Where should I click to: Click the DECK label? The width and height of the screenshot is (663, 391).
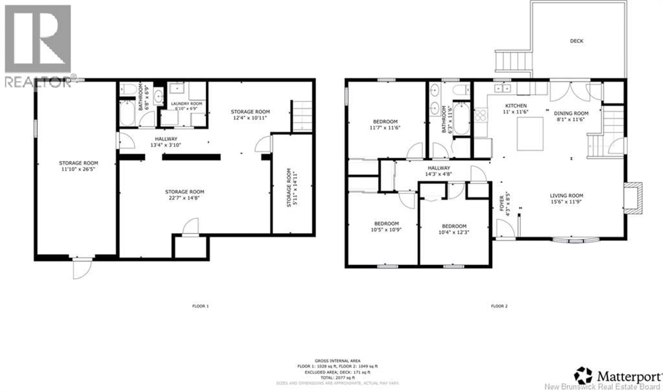(x=576, y=41)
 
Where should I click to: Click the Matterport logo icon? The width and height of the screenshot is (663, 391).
(x=583, y=376)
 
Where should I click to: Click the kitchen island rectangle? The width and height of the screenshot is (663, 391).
(x=530, y=134)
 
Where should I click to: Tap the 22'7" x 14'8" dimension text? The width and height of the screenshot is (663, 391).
(x=184, y=198)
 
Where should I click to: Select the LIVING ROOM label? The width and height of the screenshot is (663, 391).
(x=566, y=195)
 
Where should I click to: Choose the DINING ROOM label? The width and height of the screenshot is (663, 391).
(x=571, y=113)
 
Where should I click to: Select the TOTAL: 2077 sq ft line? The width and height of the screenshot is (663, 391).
(x=338, y=378)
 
